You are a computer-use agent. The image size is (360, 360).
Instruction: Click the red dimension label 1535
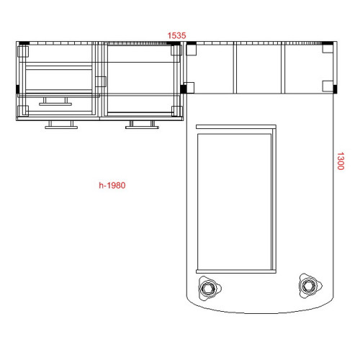(176, 35)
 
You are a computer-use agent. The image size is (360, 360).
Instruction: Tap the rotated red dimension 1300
(341, 161)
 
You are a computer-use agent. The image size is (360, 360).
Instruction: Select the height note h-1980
(112, 185)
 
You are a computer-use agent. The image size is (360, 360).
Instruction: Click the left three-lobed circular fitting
(209, 287)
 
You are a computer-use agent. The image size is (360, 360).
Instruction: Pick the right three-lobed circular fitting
(310, 286)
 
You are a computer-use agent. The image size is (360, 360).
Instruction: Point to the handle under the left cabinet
(61, 125)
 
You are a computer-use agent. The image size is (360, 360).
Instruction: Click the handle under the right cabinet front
(142, 125)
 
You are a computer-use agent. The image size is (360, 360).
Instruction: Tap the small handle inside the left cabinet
(55, 102)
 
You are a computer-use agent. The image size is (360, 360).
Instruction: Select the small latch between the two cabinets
(101, 81)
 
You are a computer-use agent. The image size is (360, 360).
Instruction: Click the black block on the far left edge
(17, 89)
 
